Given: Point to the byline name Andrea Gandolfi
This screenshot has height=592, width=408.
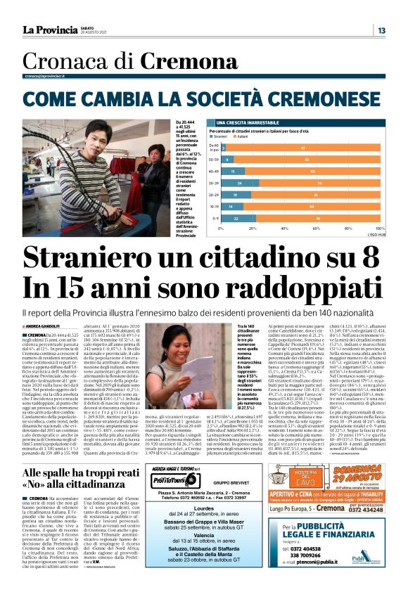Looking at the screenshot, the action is (42, 326).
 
